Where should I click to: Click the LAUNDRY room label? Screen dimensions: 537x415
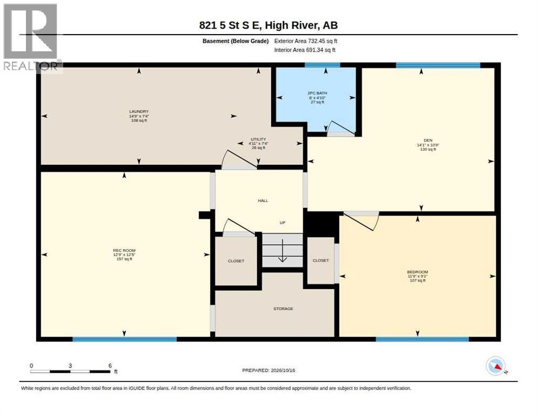pyautogui.click(x=139, y=111)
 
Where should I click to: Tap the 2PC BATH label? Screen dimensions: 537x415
pyautogui.click(x=317, y=93)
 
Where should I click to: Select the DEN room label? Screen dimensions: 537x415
pyautogui.click(x=428, y=140)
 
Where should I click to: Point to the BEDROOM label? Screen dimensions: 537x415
pyautogui.click(x=418, y=272)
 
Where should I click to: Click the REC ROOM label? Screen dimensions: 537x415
pyautogui.click(x=124, y=251)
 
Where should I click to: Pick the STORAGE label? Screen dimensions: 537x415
pyautogui.click(x=283, y=309)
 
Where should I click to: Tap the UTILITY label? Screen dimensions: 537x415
pyautogui.click(x=258, y=139)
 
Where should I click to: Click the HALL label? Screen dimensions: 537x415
pyautogui.click(x=263, y=200)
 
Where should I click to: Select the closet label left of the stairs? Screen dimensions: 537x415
pyautogui.click(x=236, y=261)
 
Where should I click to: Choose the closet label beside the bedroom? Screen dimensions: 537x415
pyautogui.click(x=320, y=260)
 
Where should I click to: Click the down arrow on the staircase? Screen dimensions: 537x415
pyautogui.click(x=282, y=251)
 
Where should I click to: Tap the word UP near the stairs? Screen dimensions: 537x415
pyautogui.click(x=283, y=223)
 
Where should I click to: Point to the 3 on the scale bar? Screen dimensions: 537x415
pyautogui.click(x=70, y=366)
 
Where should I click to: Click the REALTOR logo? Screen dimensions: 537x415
pyautogui.click(x=31, y=37)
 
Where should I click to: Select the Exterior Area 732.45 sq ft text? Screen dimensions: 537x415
pyautogui.click(x=305, y=41)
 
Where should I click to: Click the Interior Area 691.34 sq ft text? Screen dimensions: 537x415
pyautogui.click(x=305, y=50)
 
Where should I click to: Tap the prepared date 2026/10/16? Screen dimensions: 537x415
pyautogui.click(x=283, y=371)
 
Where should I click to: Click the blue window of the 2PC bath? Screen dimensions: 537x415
pyautogui.click(x=323, y=65)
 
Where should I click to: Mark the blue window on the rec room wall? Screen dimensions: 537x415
pyautogui.click(x=125, y=339)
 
